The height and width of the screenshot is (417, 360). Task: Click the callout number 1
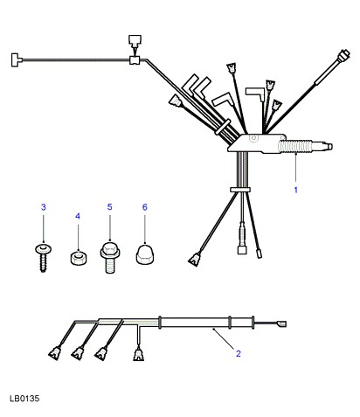coord(295,190)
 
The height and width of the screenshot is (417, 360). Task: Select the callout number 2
coord(239,353)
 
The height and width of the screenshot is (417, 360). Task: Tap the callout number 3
coord(44,207)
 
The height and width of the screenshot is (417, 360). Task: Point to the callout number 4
coord(78,216)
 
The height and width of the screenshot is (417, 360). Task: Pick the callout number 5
coord(109,207)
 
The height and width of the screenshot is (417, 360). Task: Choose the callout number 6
coord(145,207)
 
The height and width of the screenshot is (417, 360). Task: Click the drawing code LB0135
coord(24,399)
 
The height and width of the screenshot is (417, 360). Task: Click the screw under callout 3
coord(43,258)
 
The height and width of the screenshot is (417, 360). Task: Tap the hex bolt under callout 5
coord(110,257)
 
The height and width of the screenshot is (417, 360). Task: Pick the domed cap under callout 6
coord(145,254)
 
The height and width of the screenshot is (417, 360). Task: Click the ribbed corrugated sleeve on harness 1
coord(294,146)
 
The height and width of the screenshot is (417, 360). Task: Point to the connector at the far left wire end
coord(17,60)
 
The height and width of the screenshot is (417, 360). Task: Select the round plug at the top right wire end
coord(343,56)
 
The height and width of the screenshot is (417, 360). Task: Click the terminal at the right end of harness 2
coord(282,323)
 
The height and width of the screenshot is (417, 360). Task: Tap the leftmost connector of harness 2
coord(54,352)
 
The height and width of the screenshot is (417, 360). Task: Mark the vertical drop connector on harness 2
coord(138,353)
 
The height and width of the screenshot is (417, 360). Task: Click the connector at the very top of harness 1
coord(135,41)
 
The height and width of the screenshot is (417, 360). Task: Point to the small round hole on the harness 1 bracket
coord(254,138)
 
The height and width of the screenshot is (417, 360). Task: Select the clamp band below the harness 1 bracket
coord(240,190)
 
